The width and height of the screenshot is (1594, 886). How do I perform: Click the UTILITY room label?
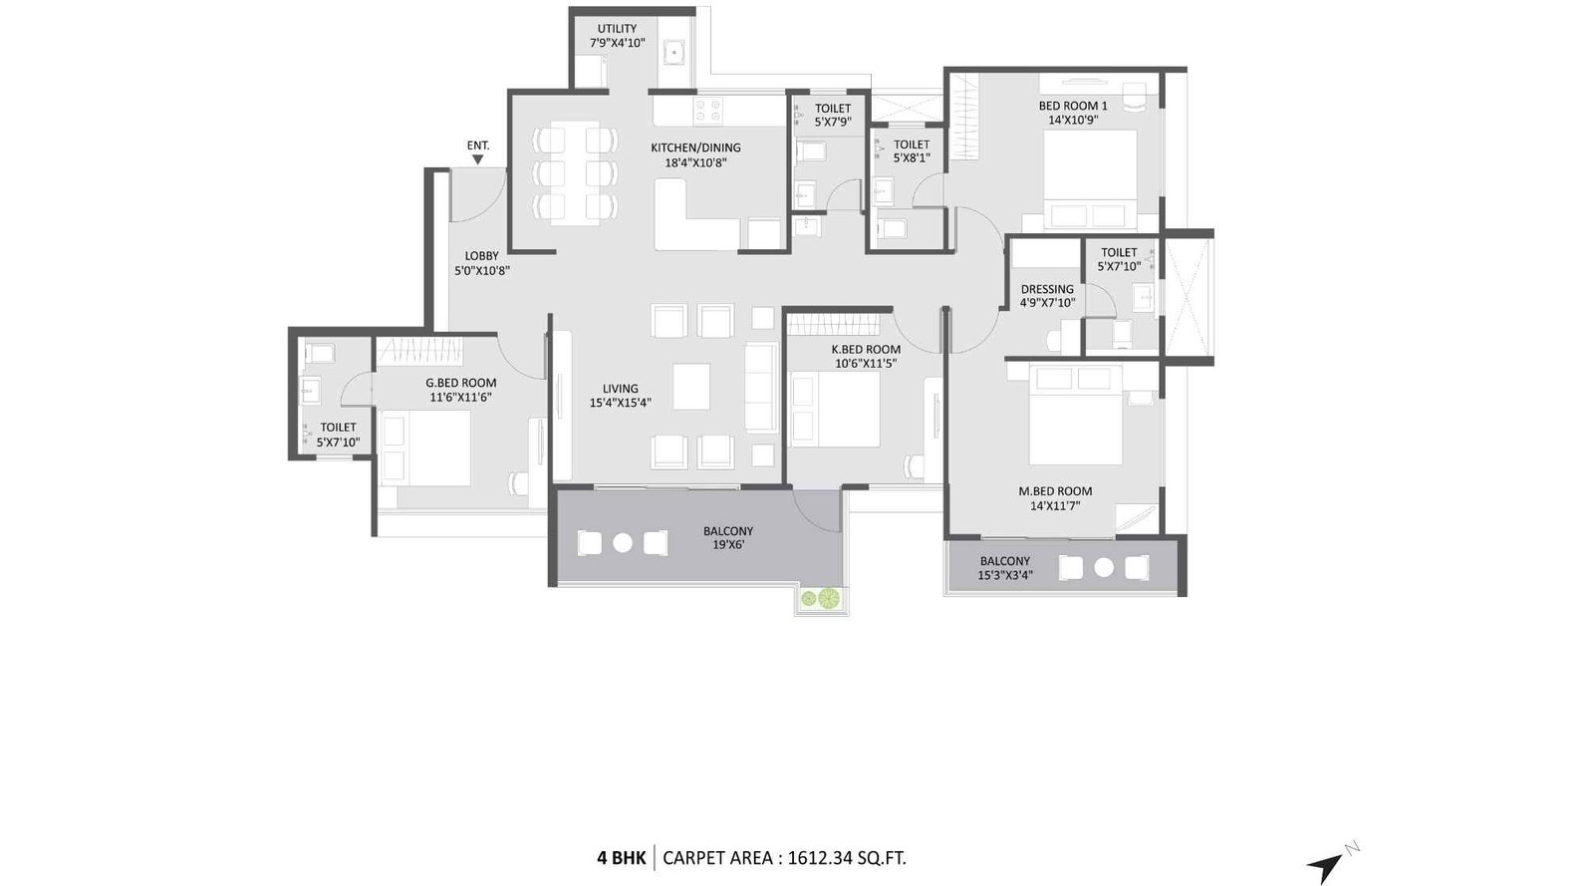pyautogui.click(x=617, y=29)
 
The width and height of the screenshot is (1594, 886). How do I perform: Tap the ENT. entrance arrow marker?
pyautogui.click(x=478, y=159)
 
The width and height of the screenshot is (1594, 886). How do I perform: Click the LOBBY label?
pyautogui.click(x=481, y=256)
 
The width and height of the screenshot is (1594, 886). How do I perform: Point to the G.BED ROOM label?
pyautogui.click(x=460, y=383)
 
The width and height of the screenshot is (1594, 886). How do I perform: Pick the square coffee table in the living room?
pyautogui.click(x=691, y=387)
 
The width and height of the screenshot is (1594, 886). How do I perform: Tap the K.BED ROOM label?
pyautogui.click(x=866, y=350)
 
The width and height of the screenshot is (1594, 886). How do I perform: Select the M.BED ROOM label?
pyautogui.click(x=1055, y=491)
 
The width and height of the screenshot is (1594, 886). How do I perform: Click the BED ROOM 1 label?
pyautogui.click(x=1072, y=106)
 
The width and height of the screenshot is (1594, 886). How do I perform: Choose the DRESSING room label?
pyautogui.click(x=1047, y=289)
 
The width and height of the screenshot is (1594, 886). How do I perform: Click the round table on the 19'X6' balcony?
pyautogui.click(x=623, y=543)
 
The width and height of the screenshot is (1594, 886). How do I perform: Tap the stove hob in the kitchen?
pyautogui.click(x=708, y=111)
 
